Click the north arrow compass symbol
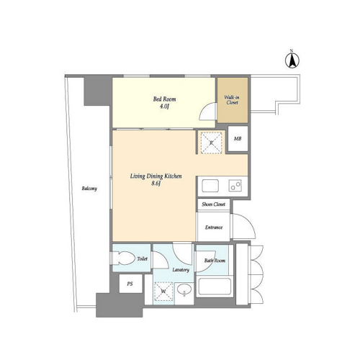point(292,60)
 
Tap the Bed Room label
point(164,99)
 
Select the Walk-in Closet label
point(232,100)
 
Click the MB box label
point(238,138)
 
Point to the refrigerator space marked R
point(211,143)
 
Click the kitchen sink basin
point(210,186)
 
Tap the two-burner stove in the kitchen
point(235,186)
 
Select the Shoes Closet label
point(213,204)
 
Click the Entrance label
point(214,228)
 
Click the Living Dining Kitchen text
point(156,176)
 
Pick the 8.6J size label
point(156,184)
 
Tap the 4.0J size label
point(164,107)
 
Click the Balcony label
point(89,189)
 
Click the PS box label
point(130,284)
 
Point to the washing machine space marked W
point(163,292)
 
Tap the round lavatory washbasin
point(184,289)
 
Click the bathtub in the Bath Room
point(215,287)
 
